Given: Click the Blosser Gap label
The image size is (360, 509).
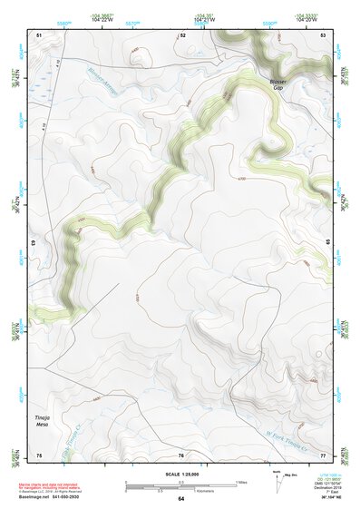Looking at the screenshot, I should (x=277, y=84).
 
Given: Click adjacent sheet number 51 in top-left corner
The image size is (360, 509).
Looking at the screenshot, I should (x=39, y=34).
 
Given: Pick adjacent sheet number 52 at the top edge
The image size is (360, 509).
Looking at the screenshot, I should (x=181, y=34).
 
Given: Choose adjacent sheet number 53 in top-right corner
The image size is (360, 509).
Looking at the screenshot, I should (x=324, y=34).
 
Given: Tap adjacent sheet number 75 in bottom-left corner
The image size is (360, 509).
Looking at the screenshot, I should (x=39, y=455).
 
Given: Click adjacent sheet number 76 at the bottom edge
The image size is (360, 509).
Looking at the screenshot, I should (x=181, y=455).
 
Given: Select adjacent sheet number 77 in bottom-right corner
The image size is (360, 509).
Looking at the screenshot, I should (x=324, y=455).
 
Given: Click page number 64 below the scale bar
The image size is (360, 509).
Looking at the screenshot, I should (x=180, y=499).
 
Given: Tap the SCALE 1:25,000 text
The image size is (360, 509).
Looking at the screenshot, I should (x=180, y=474).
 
